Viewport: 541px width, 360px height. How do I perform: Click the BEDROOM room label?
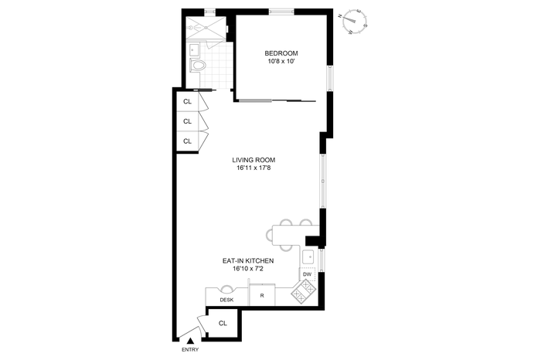281,53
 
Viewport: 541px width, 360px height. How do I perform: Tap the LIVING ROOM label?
253,160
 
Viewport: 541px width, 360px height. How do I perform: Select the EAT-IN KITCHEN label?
248,261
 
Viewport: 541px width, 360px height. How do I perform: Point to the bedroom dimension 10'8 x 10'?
281,62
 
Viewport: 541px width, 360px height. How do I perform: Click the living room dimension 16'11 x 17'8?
253,168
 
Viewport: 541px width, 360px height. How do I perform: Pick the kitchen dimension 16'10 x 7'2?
248,269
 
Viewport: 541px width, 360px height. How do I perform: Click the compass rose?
356,22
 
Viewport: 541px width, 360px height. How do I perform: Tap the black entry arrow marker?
190,341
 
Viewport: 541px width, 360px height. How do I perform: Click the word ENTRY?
190,350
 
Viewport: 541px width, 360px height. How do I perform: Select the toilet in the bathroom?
197,65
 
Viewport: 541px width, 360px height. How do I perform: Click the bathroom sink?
194,50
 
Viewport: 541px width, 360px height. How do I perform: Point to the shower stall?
206,28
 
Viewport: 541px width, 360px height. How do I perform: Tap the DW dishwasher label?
307,274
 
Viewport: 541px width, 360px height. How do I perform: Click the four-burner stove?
304,292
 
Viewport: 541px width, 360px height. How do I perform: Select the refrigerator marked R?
262,295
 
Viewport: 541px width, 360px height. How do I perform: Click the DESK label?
226,300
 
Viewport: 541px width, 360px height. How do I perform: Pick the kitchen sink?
308,257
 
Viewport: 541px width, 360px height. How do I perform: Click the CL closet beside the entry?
223,323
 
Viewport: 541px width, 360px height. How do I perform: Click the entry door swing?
193,328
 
